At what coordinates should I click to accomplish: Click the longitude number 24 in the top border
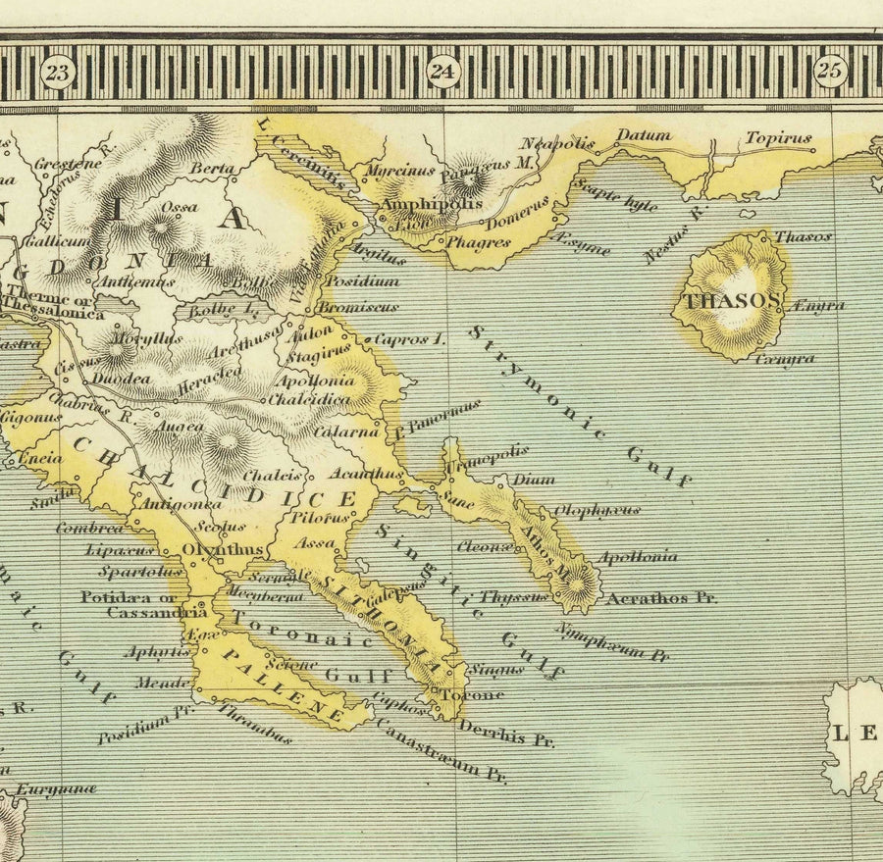click(x=443, y=70)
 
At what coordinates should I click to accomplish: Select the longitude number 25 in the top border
click(x=830, y=70)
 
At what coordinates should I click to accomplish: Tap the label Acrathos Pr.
click(x=662, y=596)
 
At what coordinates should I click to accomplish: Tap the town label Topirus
click(x=778, y=138)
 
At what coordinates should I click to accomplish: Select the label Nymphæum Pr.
click(x=612, y=641)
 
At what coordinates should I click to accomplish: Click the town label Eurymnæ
click(x=57, y=787)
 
